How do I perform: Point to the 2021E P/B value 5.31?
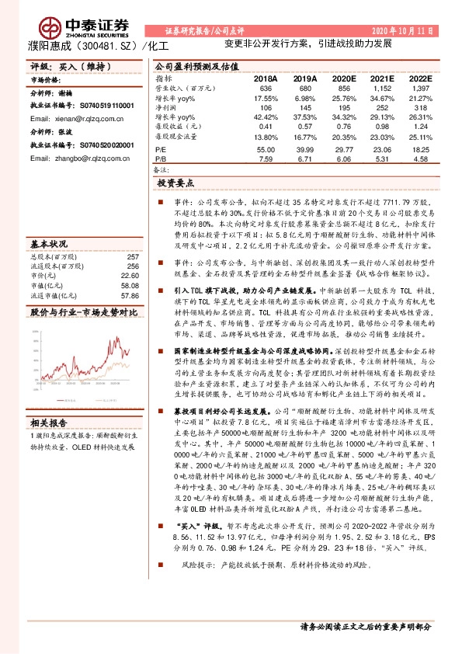point(377,158)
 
